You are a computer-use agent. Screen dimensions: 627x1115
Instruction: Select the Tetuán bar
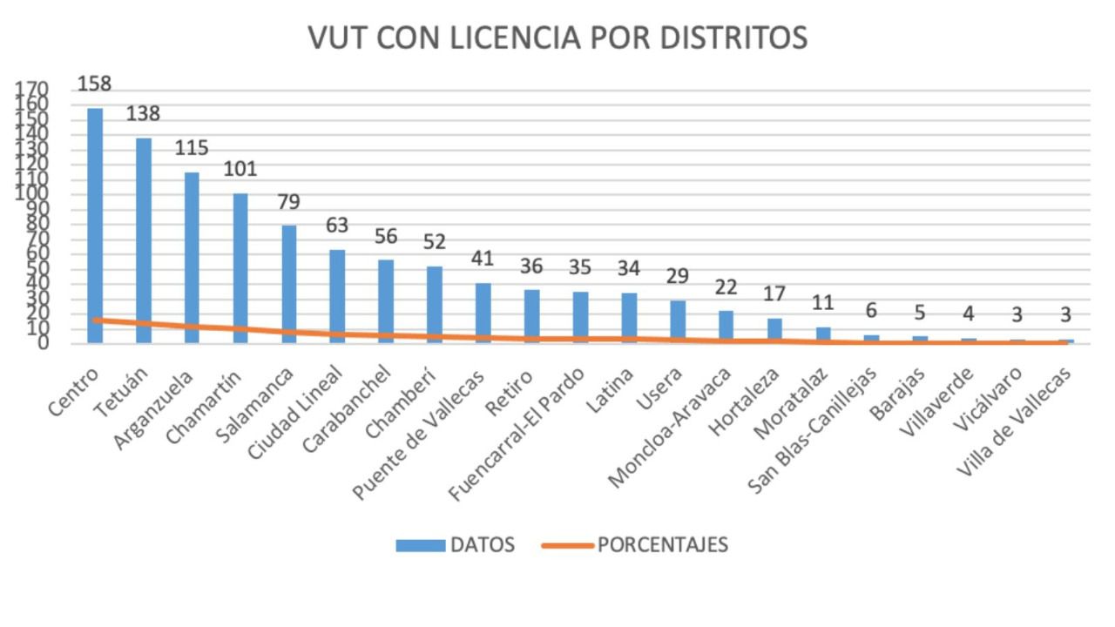[x=144, y=239]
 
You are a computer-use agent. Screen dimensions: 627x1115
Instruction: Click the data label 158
[x=95, y=84]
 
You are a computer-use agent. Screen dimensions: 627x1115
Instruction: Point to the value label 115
[x=192, y=148]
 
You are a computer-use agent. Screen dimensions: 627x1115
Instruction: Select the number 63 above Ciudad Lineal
[x=337, y=226]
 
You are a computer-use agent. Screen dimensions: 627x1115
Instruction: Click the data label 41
[x=483, y=259]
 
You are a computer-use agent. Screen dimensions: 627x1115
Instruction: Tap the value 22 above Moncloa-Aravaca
[x=726, y=287]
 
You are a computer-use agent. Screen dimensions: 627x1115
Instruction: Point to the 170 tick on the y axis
[x=31, y=89]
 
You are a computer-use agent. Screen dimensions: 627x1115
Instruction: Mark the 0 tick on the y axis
[x=42, y=343]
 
